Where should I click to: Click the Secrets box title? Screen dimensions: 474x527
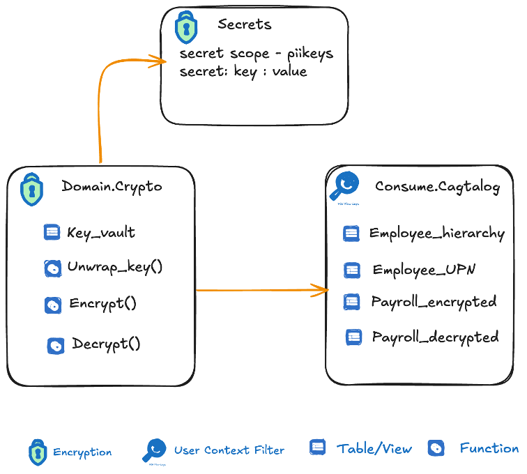click(244, 24)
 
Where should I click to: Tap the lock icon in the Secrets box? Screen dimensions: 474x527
click(185, 27)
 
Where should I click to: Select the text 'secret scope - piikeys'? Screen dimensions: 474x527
click(256, 54)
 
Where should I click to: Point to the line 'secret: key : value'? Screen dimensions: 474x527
click(243, 71)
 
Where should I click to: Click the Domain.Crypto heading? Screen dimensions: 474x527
click(112, 186)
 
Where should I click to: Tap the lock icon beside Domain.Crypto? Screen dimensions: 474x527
click(30, 188)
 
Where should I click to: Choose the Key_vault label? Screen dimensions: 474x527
click(101, 233)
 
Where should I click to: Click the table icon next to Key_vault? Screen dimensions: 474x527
click(52, 232)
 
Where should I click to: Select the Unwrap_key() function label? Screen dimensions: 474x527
click(115, 267)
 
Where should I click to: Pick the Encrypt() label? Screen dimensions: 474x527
click(102, 303)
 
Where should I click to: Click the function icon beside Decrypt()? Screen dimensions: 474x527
click(55, 345)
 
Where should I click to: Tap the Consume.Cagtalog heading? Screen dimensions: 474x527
click(437, 187)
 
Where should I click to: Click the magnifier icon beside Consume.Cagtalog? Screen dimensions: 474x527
click(344, 186)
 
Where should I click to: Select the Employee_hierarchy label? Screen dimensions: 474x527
click(436, 234)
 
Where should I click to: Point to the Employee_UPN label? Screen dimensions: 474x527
click(424, 270)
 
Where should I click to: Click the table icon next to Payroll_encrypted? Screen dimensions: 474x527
click(352, 302)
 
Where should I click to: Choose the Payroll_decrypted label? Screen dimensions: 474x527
click(435, 337)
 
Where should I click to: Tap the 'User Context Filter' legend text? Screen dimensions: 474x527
click(229, 450)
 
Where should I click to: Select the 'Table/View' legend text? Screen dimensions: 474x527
click(374, 449)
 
